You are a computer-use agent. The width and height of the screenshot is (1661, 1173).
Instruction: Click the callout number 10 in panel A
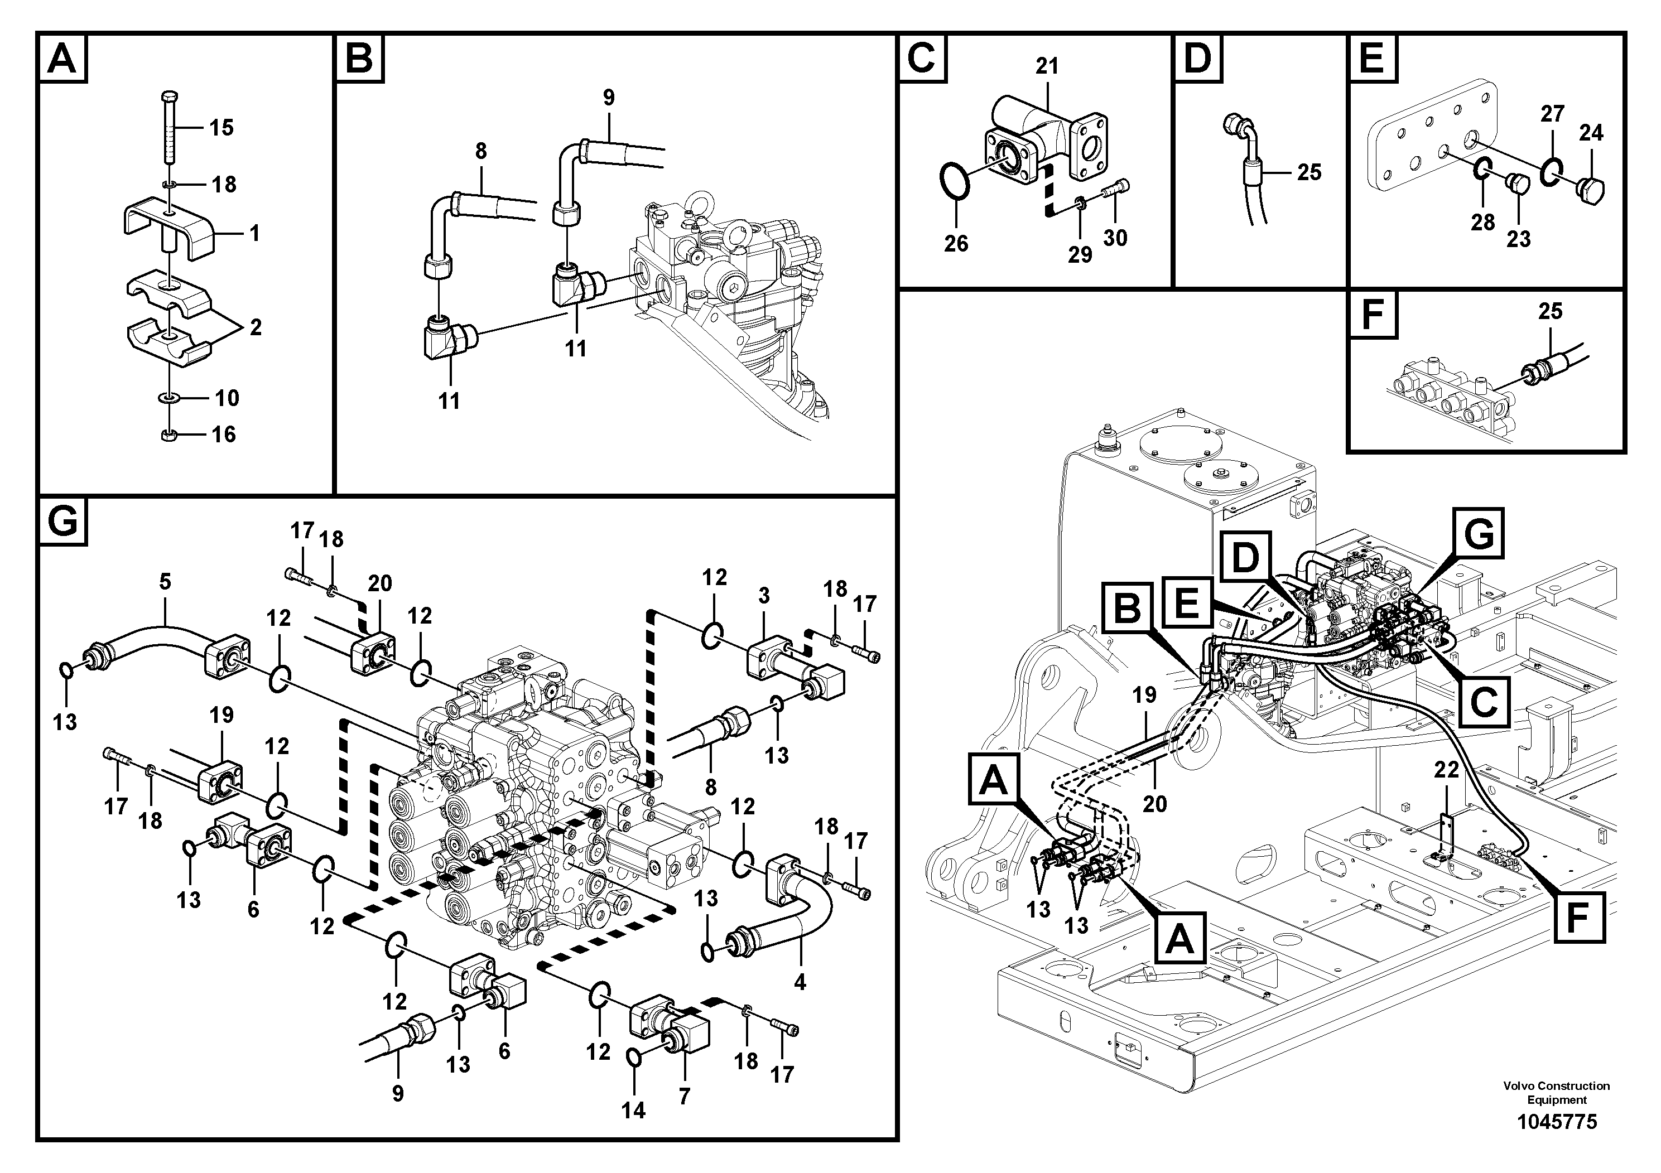[x=227, y=398]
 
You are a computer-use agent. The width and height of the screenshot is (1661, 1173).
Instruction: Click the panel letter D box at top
[x=1198, y=58]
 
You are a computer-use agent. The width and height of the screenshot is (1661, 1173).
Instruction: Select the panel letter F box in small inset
[x=1373, y=315]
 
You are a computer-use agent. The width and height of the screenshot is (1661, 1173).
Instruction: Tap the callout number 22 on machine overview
[x=1447, y=771]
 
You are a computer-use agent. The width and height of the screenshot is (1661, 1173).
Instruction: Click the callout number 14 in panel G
[x=633, y=1110]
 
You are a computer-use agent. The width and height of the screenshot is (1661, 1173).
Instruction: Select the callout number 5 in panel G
[x=165, y=581]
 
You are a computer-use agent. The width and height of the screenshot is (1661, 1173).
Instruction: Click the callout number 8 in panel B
[x=480, y=151]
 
